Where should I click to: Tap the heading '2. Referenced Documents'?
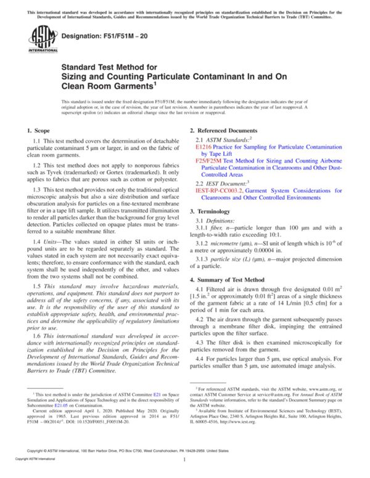(x=223, y=131)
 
